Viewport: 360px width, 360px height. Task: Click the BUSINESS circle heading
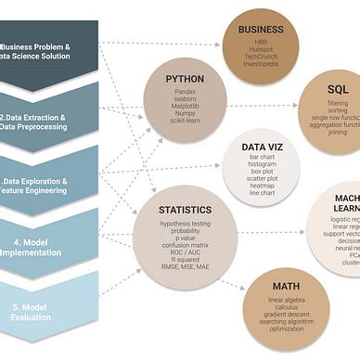point(261,29)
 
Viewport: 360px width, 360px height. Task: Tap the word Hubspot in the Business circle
point(261,49)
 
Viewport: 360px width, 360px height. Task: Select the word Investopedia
point(261,64)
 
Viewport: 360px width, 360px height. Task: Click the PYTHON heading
point(185,79)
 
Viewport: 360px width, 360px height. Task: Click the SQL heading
point(338,89)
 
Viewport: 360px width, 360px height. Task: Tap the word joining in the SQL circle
point(338,133)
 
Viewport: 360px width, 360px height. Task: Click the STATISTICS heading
point(185,211)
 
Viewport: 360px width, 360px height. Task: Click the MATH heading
point(286,286)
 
